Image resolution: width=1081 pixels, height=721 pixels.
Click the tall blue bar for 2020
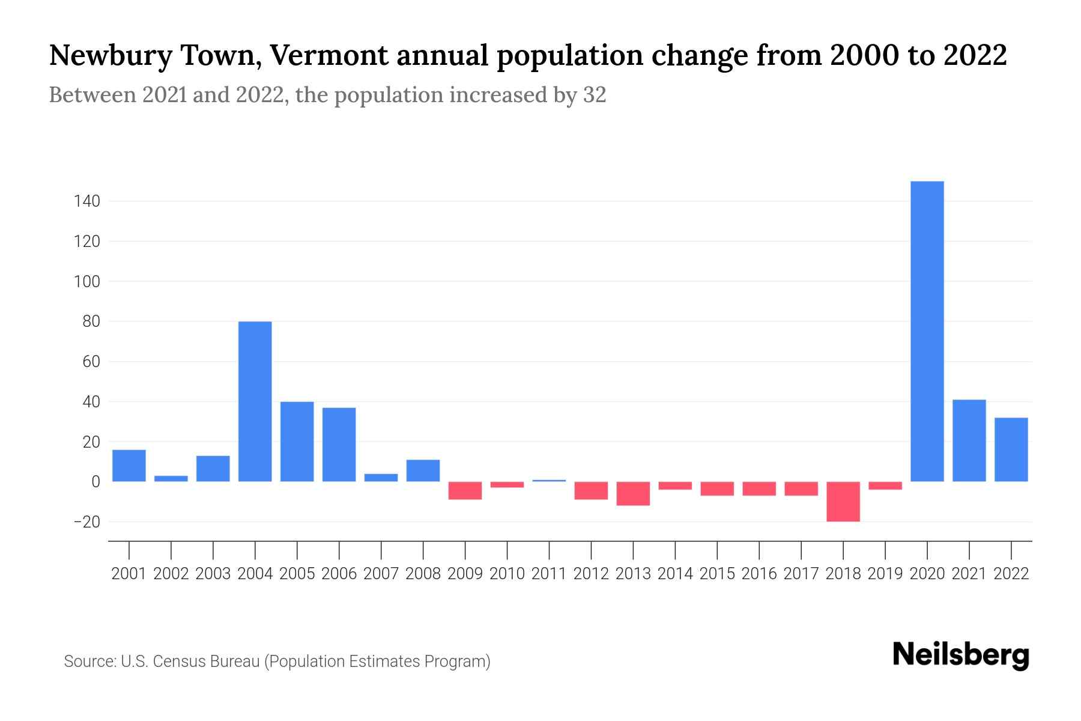click(x=927, y=331)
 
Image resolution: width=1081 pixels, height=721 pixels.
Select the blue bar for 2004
click(x=255, y=401)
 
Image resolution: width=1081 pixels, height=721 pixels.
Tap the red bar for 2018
click(x=843, y=502)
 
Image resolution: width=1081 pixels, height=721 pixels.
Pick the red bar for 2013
click(x=633, y=493)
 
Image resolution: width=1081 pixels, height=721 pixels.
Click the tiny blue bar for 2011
click(x=549, y=481)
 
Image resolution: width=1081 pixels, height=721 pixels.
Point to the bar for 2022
click(x=1011, y=449)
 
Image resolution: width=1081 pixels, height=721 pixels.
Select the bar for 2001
click(x=129, y=466)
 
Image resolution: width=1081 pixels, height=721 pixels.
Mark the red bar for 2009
click(x=465, y=490)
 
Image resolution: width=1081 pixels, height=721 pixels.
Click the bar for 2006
click(x=339, y=445)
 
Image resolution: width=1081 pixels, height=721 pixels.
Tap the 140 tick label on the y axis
click(x=86, y=201)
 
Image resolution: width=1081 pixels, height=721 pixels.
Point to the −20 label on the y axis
click(x=86, y=522)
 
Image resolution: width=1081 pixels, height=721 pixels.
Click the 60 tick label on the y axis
click(x=91, y=362)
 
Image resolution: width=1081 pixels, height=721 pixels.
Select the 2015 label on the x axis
click(x=717, y=574)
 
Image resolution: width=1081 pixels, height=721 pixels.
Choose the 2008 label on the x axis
click(x=423, y=574)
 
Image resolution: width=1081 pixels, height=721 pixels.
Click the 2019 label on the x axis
click(x=885, y=574)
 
